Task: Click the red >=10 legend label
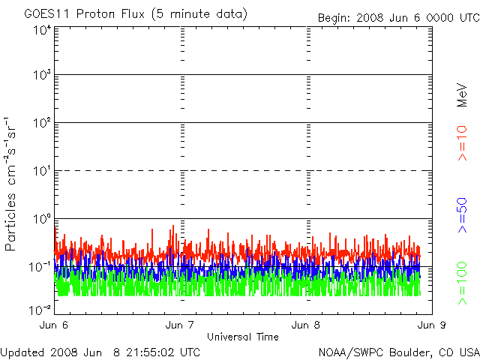coord(463,143)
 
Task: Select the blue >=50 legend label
coord(463,215)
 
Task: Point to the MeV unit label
coord(463,94)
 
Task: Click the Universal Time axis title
coord(244,336)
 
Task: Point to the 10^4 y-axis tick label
coord(41,31)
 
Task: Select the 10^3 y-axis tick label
coord(41,76)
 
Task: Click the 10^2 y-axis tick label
coord(41,124)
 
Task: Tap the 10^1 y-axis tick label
coord(41,172)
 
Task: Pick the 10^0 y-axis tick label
coord(41,220)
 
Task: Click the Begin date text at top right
coord(397,17)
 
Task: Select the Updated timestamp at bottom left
coord(100,351)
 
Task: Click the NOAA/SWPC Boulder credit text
coord(398,351)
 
